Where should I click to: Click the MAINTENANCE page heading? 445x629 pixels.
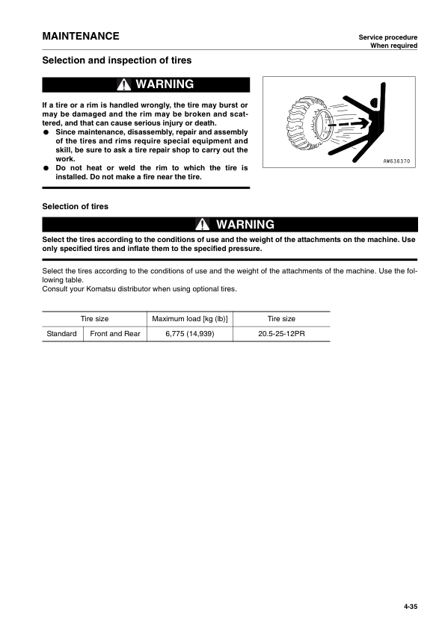[80, 36]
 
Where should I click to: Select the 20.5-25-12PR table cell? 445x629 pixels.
[280, 334]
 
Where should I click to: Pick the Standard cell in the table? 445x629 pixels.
[61, 334]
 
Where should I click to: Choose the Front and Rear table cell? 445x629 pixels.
[115, 334]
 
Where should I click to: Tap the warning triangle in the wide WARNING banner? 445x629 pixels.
[203, 225]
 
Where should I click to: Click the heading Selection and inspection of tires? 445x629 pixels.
[117, 60]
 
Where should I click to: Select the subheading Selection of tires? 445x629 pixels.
[75, 206]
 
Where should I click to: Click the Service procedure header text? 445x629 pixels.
[387, 37]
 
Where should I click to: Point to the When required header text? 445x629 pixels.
[393, 46]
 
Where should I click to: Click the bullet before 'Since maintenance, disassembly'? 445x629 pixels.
[46, 132]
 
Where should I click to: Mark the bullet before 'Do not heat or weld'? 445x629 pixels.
[46, 168]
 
